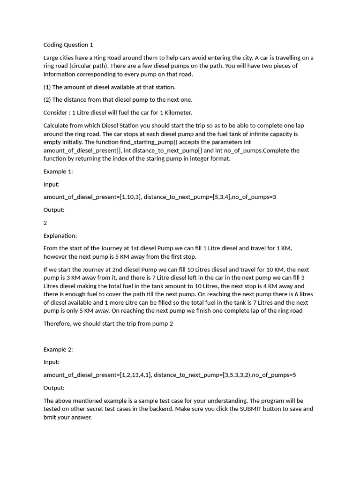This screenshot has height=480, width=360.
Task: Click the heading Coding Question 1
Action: (68, 45)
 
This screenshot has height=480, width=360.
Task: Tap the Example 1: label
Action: (58, 172)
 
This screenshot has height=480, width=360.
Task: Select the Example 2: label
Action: (58, 349)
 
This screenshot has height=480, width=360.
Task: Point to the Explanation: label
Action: (60, 235)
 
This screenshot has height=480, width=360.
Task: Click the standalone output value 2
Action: (45, 223)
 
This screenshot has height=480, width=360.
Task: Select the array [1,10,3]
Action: (130, 197)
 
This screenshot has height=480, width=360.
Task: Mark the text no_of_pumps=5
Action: (274, 375)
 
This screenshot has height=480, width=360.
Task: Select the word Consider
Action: (56, 112)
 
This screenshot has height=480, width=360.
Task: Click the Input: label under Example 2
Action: (52, 362)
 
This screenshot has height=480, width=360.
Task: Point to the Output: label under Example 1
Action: (54, 210)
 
